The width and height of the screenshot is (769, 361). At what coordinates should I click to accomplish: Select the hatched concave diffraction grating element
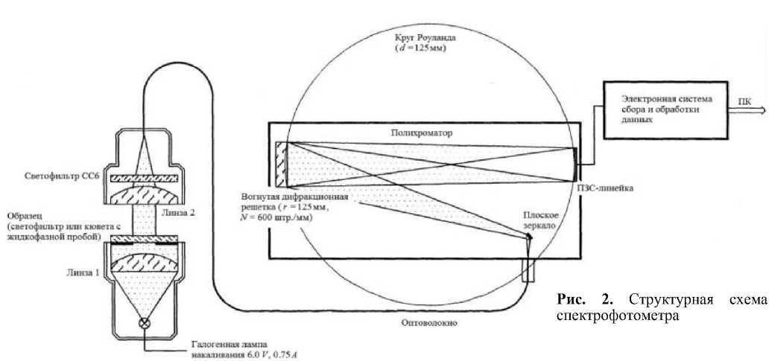282,164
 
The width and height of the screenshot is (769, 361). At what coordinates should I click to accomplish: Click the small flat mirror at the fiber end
531,236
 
